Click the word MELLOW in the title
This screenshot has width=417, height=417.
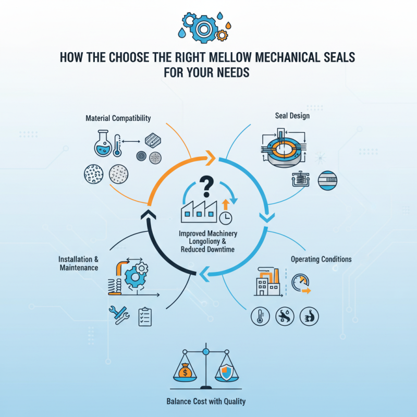click(238, 57)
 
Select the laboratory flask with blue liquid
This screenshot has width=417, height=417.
click(102, 143)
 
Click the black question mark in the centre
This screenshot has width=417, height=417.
click(207, 185)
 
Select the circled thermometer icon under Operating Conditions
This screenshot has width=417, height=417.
click(260, 316)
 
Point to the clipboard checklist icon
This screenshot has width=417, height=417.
click(145, 316)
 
